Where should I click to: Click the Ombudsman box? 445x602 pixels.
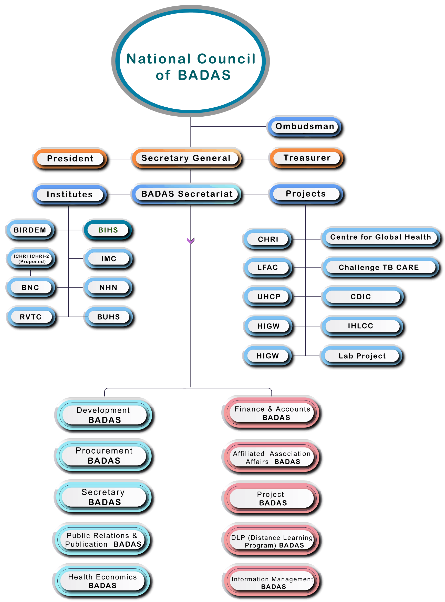(304, 126)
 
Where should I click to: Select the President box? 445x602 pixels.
(70, 158)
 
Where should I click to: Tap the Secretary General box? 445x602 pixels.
(187, 158)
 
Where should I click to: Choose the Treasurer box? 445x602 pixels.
(307, 158)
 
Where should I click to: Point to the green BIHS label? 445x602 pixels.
(108, 230)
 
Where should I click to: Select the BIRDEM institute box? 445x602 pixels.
(30, 230)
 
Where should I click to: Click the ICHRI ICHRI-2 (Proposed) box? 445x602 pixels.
(31, 259)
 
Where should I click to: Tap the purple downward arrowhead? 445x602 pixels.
(190, 240)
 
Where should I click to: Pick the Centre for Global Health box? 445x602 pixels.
(380, 237)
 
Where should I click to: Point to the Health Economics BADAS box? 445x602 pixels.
(102, 581)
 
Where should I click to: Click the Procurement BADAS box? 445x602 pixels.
(104, 455)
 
